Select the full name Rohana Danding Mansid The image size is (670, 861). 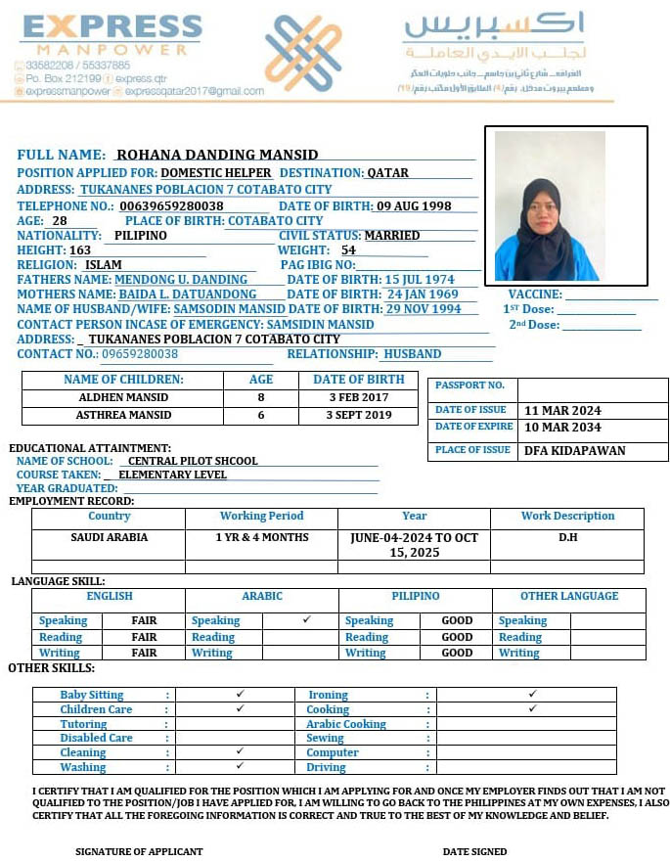(x=217, y=155)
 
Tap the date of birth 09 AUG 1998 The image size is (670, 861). (x=414, y=205)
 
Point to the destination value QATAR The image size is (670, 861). (x=387, y=173)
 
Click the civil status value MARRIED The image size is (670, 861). (x=391, y=236)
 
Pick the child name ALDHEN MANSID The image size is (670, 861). (x=123, y=398)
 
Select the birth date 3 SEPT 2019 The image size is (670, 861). (x=359, y=415)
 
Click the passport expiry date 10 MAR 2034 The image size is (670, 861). (x=562, y=428)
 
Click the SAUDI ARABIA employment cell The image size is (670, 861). (x=110, y=537)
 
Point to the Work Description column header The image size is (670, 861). (x=567, y=516)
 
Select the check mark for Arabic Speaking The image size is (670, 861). (x=306, y=619)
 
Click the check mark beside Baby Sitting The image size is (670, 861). (x=240, y=694)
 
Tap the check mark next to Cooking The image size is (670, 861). (x=532, y=708)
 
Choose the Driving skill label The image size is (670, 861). (x=327, y=767)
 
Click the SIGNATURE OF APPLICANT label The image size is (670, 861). (x=139, y=851)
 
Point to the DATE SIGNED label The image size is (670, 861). (x=474, y=851)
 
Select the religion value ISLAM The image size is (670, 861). (x=104, y=264)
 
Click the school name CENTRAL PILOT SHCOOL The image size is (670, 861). (x=193, y=461)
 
